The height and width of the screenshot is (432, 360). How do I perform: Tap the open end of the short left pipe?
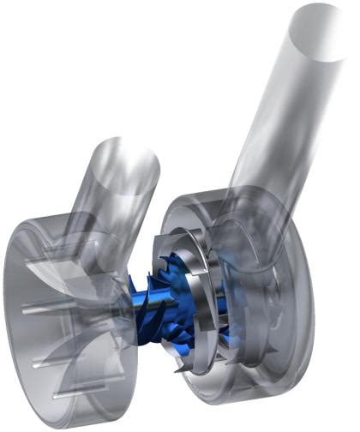pyautogui.click(x=126, y=162)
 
